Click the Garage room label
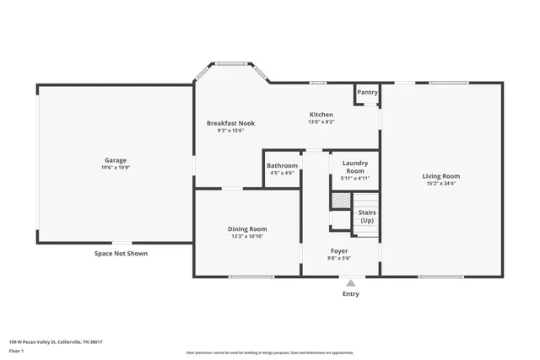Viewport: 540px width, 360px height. (x=116, y=159)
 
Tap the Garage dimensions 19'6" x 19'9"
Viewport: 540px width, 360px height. (x=116, y=168)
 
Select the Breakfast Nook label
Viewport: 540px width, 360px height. (x=230, y=122)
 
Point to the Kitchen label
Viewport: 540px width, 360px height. (x=321, y=114)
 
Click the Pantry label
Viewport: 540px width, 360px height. (x=367, y=92)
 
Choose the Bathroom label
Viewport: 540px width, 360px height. (x=282, y=165)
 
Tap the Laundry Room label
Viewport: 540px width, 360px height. (x=354, y=167)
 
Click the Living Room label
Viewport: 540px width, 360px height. (x=440, y=175)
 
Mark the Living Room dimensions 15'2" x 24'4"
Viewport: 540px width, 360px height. (x=440, y=184)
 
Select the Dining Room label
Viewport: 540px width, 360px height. (x=247, y=228)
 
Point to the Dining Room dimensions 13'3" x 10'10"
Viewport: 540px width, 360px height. (x=247, y=237)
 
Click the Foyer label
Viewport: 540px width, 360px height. (x=339, y=250)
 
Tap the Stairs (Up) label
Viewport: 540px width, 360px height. (x=367, y=217)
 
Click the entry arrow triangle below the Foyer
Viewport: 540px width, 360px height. (x=350, y=282)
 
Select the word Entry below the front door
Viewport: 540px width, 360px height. (x=350, y=294)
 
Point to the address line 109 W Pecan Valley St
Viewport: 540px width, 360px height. (x=61, y=341)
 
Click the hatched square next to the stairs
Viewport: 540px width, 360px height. (x=339, y=201)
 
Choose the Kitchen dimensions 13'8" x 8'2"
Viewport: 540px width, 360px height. (x=321, y=122)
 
